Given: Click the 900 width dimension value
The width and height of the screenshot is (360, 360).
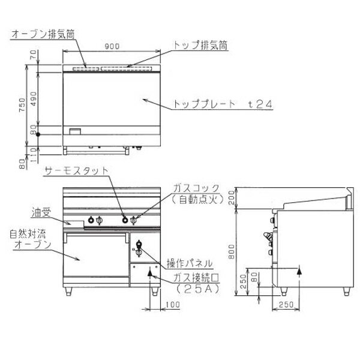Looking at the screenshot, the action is (x=112, y=46).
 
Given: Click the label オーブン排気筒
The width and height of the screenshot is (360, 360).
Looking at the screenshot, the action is (x=43, y=34).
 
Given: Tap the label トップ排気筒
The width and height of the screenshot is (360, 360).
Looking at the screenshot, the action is (x=200, y=45).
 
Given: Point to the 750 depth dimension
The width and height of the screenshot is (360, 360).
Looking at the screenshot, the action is (x=22, y=105).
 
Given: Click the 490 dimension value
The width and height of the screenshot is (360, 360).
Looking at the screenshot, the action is (x=34, y=99).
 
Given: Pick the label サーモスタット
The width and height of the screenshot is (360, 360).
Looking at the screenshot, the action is (x=76, y=171).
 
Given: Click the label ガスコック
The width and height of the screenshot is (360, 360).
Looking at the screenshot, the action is (x=196, y=188).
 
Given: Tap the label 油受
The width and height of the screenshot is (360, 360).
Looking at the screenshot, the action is (x=41, y=213).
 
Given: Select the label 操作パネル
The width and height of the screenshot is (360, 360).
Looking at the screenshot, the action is (x=190, y=263).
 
